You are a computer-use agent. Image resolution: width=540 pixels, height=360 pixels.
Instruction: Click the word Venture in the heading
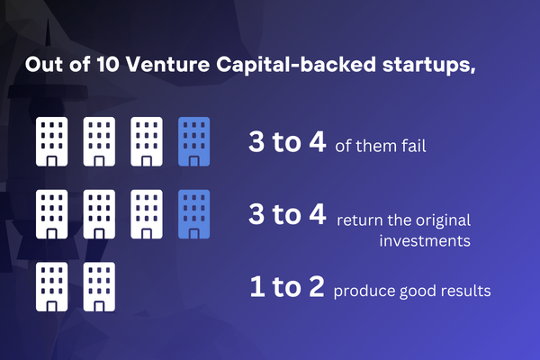tap(167, 65)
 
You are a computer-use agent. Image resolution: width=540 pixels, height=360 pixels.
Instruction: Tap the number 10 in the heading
tap(107, 65)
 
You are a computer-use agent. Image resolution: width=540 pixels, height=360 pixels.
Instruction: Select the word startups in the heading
tap(428, 66)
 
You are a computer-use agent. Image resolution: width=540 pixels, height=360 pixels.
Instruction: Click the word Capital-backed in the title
tap(296, 66)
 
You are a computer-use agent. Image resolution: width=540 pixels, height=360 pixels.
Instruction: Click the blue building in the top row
tap(193, 141)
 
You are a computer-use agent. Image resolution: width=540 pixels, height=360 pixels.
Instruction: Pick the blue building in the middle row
tap(193, 214)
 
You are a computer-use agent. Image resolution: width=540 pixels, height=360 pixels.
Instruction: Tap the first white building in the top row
tap(51, 141)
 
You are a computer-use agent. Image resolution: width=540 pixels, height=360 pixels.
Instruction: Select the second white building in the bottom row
tap(99, 286)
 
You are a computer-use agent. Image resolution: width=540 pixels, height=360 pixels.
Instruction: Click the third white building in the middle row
tap(147, 214)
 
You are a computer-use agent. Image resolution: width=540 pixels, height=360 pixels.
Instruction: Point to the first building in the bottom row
tap(51, 286)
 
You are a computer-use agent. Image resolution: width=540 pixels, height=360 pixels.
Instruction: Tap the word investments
tap(425, 240)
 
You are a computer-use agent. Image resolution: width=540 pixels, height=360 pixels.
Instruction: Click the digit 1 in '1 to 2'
tap(257, 286)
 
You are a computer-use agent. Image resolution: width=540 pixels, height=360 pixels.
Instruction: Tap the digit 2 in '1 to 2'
tap(317, 286)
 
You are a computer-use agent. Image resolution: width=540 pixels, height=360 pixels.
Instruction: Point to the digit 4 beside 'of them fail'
tap(317, 141)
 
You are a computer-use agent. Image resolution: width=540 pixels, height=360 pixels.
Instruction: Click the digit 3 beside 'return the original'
tap(256, 214)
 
